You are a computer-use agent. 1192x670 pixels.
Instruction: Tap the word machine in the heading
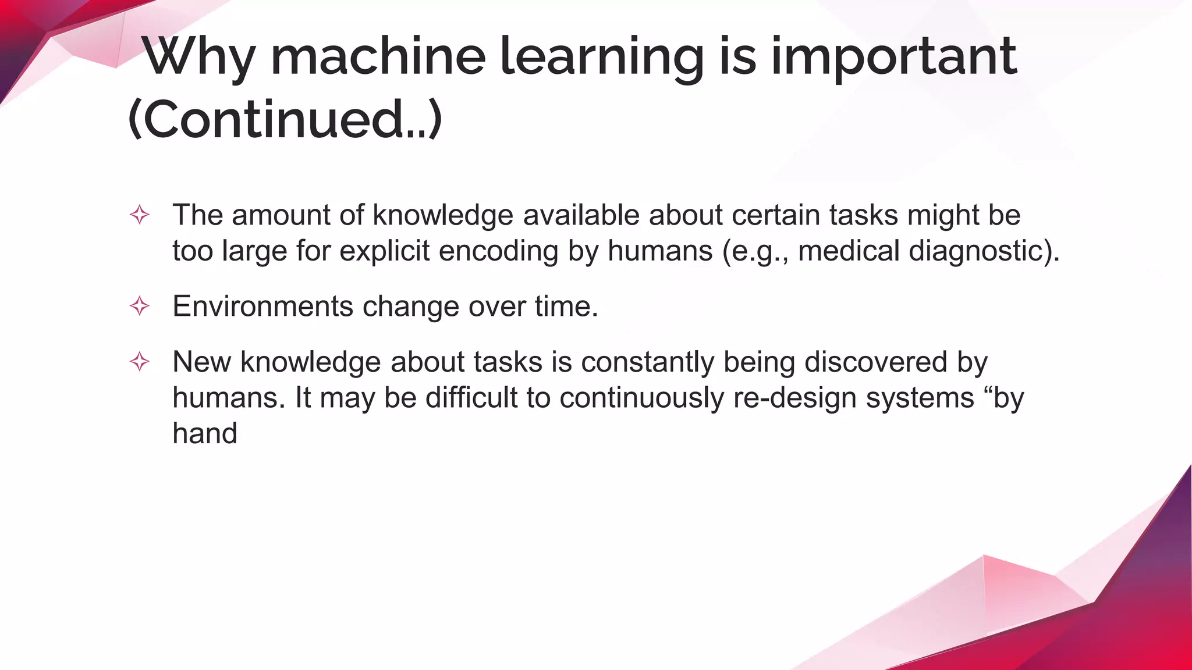pos(378,57)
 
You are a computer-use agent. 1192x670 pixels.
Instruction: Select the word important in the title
pos(894,57)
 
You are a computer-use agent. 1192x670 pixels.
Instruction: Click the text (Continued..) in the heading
pos(285,119)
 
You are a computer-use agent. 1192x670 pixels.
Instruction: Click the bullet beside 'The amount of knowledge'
pos(140,215)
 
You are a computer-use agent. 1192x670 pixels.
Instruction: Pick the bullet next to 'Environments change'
pos(140,306)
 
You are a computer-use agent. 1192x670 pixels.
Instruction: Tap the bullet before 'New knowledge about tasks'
pos(140,362)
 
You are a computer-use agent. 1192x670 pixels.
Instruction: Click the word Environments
pos(262,306)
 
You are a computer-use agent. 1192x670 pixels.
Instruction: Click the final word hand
pos(205,434)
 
